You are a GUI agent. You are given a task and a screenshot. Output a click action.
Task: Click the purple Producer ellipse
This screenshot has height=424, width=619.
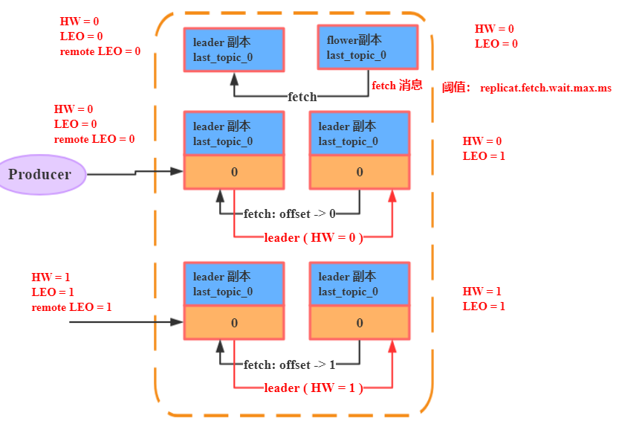click(39, 175)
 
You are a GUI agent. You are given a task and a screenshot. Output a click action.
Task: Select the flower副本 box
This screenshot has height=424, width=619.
click(367, 48)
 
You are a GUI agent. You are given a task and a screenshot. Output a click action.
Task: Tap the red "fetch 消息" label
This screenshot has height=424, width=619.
click(397, 86)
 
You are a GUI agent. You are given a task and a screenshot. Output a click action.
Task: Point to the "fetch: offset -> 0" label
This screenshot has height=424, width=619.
click(289, 214)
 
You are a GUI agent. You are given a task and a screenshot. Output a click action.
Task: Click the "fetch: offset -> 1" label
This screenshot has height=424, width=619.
click(289, 364)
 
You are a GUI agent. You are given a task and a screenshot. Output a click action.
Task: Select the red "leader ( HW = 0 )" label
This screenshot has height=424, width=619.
click(314, 238)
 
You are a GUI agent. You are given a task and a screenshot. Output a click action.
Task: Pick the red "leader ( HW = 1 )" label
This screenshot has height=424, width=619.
click(314, 388)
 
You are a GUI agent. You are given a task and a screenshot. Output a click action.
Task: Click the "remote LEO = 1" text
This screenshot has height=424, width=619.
click(71, 307)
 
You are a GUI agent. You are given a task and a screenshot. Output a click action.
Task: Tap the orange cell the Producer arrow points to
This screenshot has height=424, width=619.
click(234, 172)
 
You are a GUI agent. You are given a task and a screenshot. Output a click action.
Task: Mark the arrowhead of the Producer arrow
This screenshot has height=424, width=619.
click(177, 171)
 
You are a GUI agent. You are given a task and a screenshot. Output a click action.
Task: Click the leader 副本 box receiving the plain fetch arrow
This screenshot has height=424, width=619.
click(234, 49)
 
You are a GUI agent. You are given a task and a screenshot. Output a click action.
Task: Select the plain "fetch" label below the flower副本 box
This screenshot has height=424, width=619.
click(302, 97)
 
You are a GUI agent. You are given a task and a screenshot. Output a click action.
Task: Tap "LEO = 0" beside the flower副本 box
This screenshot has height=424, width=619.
click(496, 44)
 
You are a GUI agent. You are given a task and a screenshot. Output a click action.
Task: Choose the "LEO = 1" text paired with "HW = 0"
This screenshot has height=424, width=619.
click(484, 156)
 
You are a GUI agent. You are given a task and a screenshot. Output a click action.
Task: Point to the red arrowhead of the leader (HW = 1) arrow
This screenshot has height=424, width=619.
click(392, 345)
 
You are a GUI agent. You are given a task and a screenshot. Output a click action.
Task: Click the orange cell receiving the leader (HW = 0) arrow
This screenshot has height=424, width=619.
click(360, 172)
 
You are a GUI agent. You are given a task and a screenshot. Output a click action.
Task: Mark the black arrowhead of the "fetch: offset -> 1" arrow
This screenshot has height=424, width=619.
click(220, 345)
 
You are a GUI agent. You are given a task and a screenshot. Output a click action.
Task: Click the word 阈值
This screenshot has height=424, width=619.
click(456, 88)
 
